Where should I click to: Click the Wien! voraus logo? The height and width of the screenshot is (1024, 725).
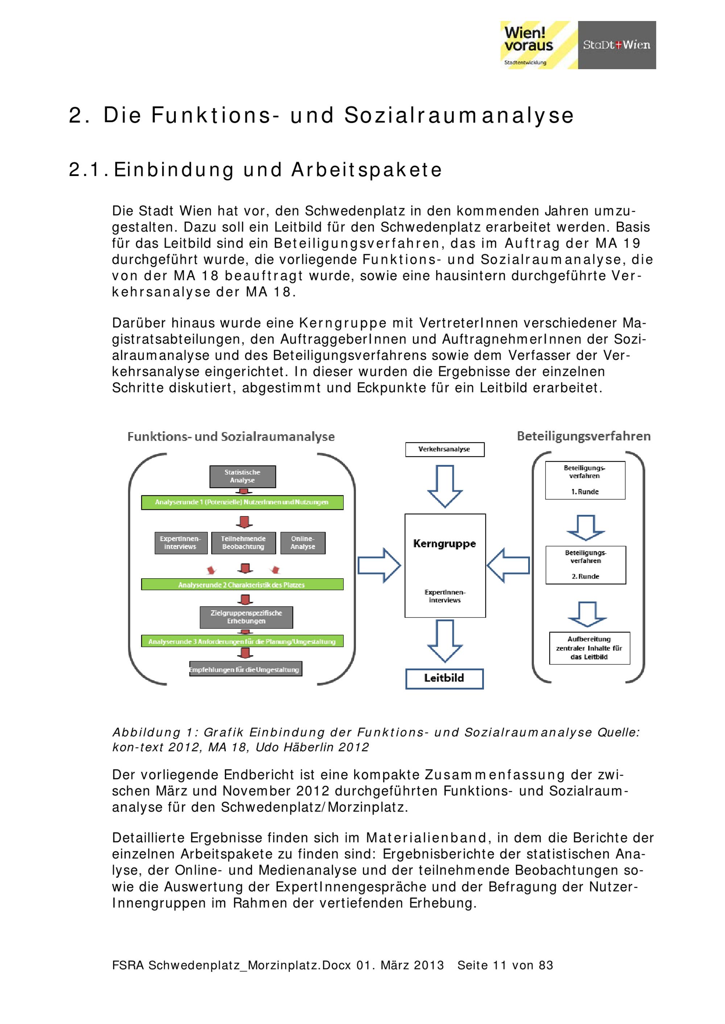click(x=538, y=45)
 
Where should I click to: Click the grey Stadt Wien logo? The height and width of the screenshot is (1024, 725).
click(x=617, y=45)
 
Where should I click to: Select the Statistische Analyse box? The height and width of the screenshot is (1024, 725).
click(x=243, y=476)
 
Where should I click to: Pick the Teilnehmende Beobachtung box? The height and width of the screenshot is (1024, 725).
click(x=243, y=543)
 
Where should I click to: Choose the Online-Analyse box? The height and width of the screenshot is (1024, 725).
click(x=303, y=543)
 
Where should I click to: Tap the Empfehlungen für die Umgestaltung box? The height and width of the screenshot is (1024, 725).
click(x=245, y=669)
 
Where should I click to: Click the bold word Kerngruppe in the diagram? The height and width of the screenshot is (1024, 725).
click(x=445, y=544)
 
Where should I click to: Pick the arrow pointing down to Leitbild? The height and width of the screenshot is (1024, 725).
click(x=445, y=641)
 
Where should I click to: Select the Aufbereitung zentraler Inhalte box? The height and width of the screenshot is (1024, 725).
click(x=589, y=648)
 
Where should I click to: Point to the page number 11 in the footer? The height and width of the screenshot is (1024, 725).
click(x=499, y=965)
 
